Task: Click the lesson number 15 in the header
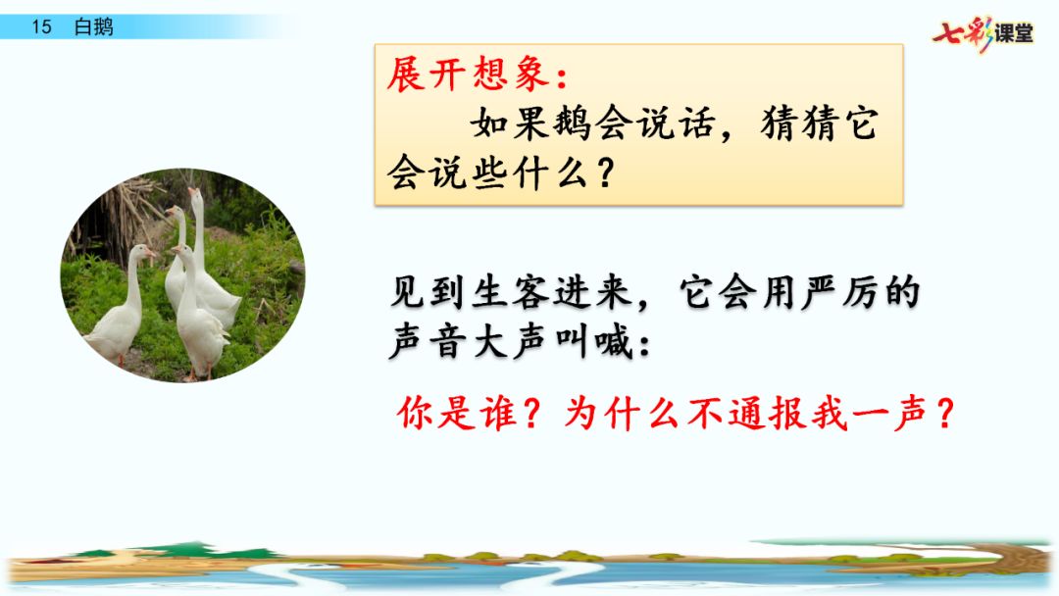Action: click(40, 27)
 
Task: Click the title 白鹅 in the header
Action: click(93, 27)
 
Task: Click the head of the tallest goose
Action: click(196, 197)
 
